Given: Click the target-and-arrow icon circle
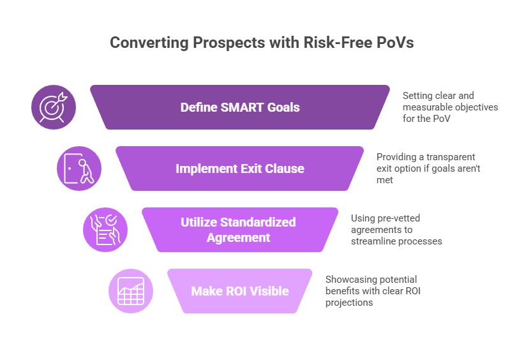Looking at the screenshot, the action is pyautogui.click(x=54, y=107).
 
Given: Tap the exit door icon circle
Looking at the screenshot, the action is pyautogui.click(x=79, y=169).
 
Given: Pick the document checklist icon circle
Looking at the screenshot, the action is pyautogui.click(x=105, y=230).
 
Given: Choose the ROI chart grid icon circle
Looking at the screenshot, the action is pyautogui.click(x=131, y=291).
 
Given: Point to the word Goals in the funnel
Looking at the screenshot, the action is pyautogui.click(x=283, y=107).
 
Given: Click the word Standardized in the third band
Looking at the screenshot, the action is pyautogui.click(x=258, y=222).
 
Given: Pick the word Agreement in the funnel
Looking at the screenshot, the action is pyautogui.click(x=238, y=237).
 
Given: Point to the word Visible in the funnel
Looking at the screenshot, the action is pyautogui.click(x=269, y=291).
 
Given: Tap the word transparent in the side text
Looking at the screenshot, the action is pyautogui.click(x=451, y=157).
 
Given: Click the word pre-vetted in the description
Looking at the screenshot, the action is pyautogui.click(x=398, y=218).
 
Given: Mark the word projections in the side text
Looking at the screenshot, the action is pyautogui.click(x=349, y=303).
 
